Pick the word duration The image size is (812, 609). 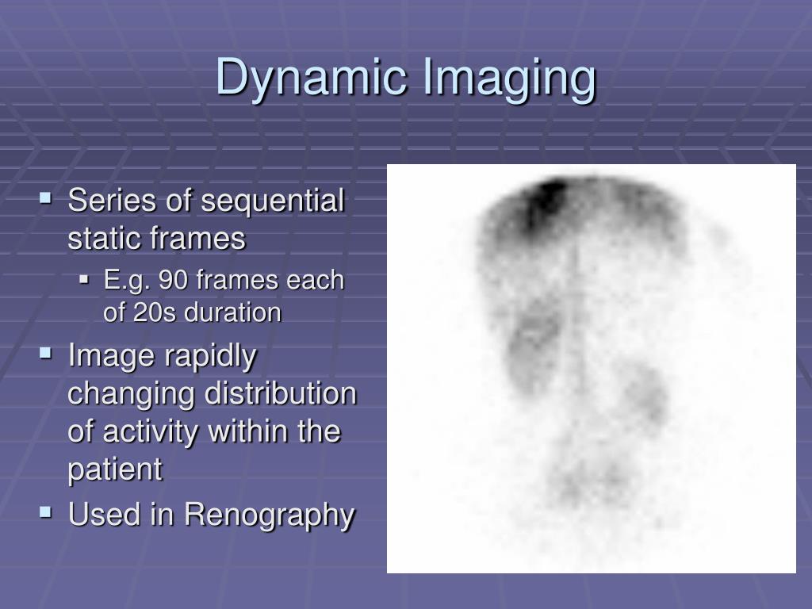tap(232, 312)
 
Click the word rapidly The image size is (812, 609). tap(210, 356)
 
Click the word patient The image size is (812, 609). tap(115, 469)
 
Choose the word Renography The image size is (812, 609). tap(270, 515)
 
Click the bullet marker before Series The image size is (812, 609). tap(46, 196)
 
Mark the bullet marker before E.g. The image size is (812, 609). tap(86, 278)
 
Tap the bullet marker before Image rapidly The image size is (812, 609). tap(46, 351)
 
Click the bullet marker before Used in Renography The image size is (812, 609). tap(46, 512)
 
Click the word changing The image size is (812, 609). tap(131, 394)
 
